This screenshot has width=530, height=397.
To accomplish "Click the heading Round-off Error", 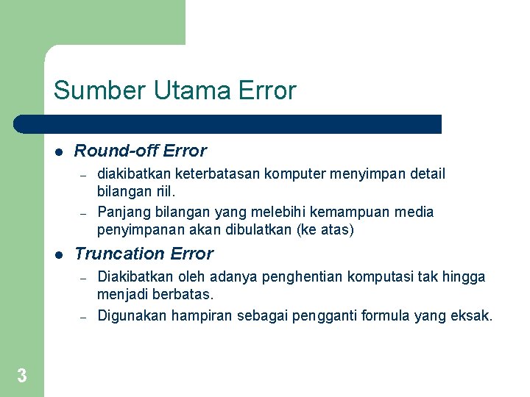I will (x=141, y=151).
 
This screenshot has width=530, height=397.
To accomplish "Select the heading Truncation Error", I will (x=144, y=254).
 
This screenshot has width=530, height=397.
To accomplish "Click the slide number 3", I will (x=22, y=376).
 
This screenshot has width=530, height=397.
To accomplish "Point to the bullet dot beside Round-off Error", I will (x=58, y=152).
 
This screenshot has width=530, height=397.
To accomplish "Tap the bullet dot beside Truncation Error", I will (x=58, y=255).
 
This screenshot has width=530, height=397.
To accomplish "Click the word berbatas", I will (x=183, y=294).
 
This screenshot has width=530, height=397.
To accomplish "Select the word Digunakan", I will (x=132, y=315).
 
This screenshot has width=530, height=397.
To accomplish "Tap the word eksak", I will (x=472, y=315).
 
